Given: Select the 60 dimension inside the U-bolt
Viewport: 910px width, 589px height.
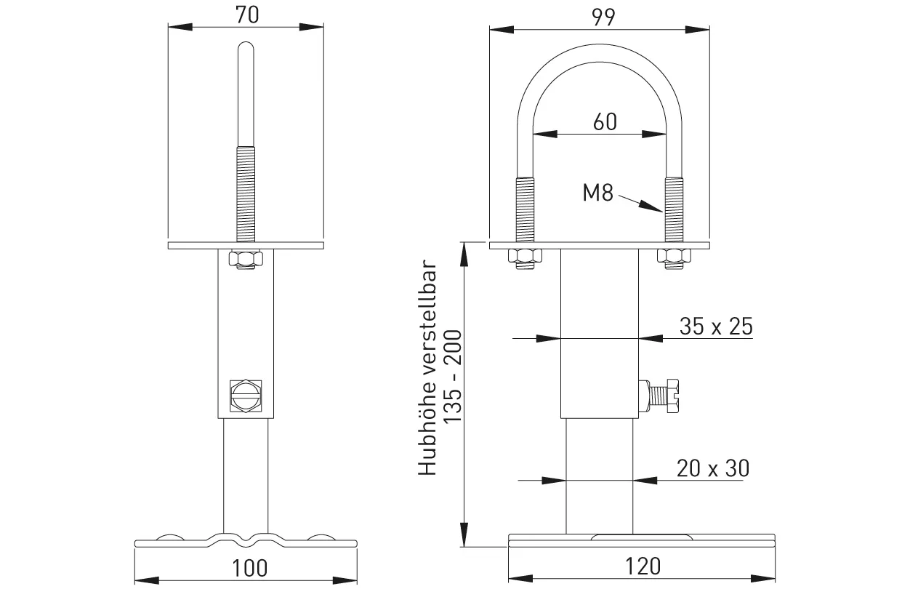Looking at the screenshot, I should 604,121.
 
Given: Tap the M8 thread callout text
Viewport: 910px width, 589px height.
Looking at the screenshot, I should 598,194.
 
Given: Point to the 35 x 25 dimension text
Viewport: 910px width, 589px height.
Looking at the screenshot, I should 715,326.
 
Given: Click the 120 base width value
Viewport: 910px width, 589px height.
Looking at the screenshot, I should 642,565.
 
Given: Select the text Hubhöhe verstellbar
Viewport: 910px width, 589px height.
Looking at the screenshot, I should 427,369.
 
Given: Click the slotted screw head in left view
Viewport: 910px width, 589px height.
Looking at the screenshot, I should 246,397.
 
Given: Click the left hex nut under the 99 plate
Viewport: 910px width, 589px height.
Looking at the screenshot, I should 525,257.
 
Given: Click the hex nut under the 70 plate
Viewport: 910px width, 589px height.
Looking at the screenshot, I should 246,259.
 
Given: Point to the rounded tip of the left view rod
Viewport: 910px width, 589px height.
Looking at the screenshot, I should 246,49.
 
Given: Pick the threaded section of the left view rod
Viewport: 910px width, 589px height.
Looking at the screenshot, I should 246,193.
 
